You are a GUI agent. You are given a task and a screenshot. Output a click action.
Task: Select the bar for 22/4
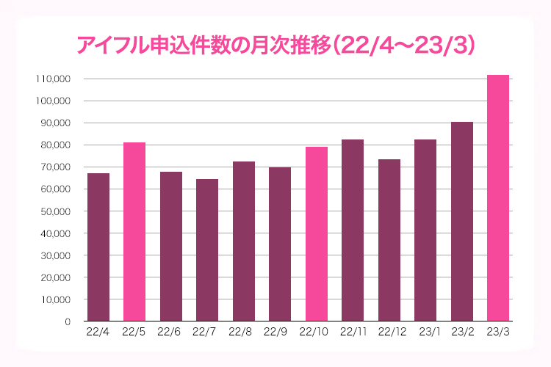98,247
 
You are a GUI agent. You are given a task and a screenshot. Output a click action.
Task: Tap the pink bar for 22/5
134,232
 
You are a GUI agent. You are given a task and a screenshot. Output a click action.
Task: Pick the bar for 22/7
207,250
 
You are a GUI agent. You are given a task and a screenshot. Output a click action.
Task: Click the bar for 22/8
244,241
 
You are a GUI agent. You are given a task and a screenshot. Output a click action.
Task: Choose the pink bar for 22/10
317,234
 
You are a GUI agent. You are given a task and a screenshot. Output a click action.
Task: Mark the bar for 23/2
462,222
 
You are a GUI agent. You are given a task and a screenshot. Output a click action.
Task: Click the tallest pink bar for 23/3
498,198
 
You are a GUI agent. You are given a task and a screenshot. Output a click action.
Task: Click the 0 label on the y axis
67,321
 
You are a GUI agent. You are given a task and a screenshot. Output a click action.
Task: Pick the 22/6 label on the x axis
171,333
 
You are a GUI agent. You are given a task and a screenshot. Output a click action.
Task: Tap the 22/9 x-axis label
280,333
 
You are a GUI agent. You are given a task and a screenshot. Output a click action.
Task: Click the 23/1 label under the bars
425,333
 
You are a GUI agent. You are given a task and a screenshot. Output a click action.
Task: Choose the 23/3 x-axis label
498,333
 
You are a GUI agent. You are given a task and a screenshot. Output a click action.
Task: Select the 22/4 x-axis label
98,333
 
